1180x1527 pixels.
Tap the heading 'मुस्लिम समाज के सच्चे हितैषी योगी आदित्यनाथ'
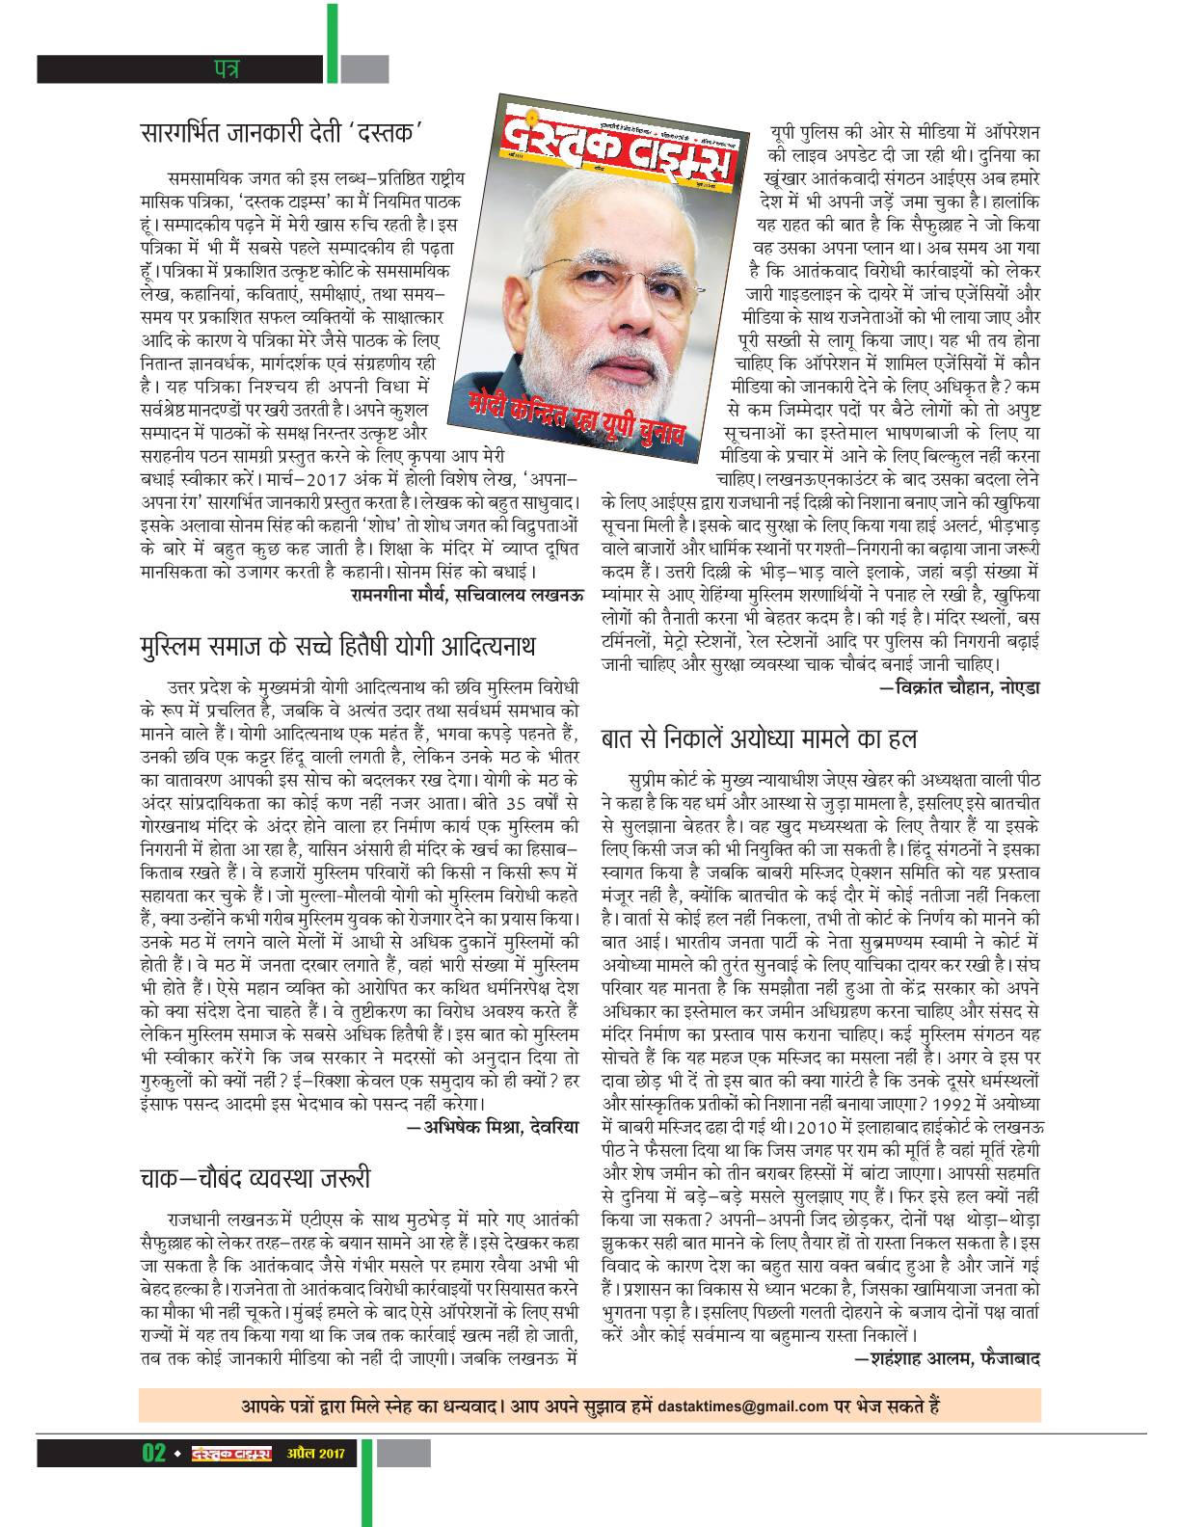pos(336,645)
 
